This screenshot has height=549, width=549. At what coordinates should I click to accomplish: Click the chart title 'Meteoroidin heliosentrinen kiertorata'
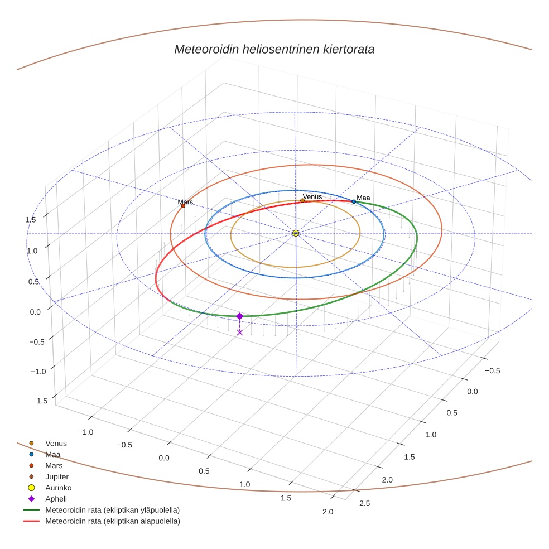(x=274, y=49)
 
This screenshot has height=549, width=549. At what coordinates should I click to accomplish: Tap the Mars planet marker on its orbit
(x=183, y=206)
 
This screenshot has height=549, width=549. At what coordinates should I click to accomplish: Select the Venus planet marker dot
(x=302, y=200)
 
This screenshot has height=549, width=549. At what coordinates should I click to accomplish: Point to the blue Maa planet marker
(x=354, y=201)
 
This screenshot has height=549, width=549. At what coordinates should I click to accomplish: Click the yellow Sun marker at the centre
(x=296, y=233)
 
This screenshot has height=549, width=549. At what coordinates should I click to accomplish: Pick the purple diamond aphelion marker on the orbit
(x=240, y=316)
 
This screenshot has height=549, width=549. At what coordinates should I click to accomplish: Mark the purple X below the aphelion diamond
(x=240, y=333)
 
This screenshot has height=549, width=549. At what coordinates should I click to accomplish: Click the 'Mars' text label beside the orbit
(x=185, y=201)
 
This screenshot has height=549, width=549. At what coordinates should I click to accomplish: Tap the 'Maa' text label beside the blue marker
(x=363, y=198)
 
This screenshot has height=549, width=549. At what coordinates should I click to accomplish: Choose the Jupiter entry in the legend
(x=57, y=477)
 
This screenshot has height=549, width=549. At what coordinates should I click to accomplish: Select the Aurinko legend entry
(x=58, y=488)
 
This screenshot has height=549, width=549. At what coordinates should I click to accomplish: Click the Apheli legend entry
(x=56, y=499)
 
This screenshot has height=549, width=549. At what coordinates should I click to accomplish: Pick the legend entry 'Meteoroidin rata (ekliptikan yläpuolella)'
(x=112, y=510)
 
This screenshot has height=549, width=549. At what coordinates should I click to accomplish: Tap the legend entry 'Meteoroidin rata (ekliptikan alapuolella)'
(x=112, y=521)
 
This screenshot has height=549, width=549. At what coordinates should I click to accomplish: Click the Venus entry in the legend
(x=56, y=444)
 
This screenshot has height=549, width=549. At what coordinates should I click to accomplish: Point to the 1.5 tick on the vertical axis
(x=30, y=220)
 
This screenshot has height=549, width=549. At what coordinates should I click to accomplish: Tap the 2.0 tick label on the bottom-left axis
(x=328, y=512)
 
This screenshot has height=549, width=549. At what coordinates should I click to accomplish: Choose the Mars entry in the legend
(x=54, y=466)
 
